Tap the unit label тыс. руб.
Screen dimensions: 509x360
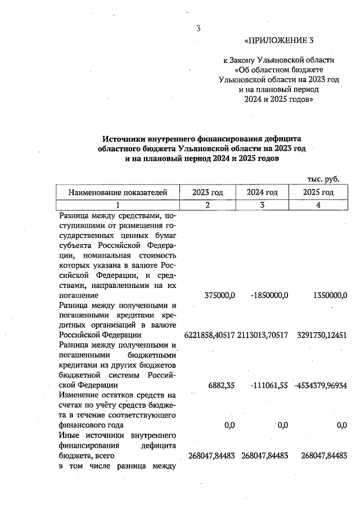[323, 179]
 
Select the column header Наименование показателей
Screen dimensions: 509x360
[118, 192]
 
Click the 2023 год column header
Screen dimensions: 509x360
[208, 192]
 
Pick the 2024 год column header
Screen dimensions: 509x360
[262, 192]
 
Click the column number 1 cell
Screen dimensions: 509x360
[118, 205]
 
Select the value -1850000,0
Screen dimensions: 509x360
[269, 295]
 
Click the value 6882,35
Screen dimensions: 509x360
[222, 385]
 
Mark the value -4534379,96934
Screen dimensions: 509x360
[319, 385]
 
